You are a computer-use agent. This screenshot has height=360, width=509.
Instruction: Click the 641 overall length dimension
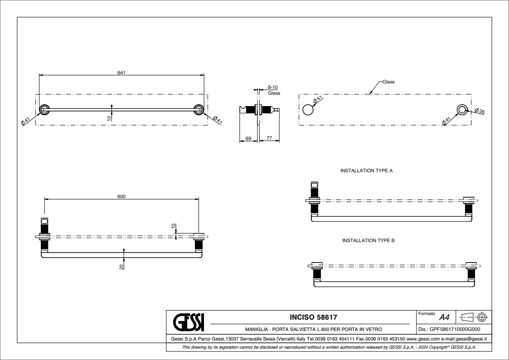coord(121,72)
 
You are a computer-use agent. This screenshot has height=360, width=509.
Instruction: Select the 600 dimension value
coord(121,196)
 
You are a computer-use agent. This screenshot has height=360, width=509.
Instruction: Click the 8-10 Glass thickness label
coord(273,89)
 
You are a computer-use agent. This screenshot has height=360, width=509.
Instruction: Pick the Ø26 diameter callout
coord(480,111)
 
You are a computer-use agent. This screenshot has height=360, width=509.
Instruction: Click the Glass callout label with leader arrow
coord(389,82)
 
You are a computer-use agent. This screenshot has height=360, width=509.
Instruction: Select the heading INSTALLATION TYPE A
coord(366,171)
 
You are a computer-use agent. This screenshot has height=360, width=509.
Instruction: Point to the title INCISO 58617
coord(314,316)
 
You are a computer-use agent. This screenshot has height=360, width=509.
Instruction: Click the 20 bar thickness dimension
coord(121,266)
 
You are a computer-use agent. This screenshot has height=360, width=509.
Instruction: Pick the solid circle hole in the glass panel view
coord(308,110)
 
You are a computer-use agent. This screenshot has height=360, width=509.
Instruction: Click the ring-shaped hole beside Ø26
coord(462,110)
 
